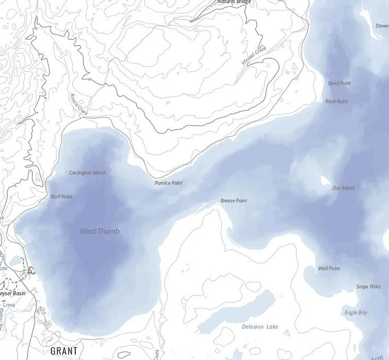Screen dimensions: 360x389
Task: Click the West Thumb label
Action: [100, 231]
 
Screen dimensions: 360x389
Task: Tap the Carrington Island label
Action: [88, 173]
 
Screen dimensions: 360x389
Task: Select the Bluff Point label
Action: [62, 197]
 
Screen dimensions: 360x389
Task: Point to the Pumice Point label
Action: [169, 183]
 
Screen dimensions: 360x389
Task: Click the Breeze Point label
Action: [234, 201]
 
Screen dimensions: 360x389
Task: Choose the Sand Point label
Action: [339, 83]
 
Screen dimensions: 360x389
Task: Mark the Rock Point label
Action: [336, 101]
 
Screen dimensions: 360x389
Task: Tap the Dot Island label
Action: [343, 188]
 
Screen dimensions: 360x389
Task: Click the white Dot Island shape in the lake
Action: [325, 181]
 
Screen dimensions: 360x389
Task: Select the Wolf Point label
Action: [329, 268]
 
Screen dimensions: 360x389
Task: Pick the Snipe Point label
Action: [368, 287]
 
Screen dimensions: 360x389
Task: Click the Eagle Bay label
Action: [356, 312]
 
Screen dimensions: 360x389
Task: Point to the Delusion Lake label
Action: [260, 327]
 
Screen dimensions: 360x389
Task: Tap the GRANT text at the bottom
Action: [64, 351]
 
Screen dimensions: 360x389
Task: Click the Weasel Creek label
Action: [254, 56]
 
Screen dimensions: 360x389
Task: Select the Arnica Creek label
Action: [78, 105]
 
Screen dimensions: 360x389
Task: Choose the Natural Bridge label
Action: [234, 2]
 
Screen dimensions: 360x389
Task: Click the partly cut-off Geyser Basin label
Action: [12, 293]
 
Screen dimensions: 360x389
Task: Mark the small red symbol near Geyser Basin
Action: [32, 271]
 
